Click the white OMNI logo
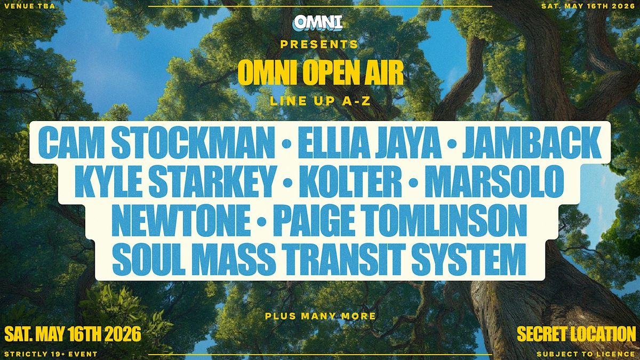coord(318,22)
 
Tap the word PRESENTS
coord(319,44)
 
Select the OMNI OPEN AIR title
coord(321,73)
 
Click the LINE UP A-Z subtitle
coord(320,101)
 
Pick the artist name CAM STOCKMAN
coord(156,142)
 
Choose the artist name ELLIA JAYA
coord(370,142)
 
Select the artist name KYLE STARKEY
coord(175,181)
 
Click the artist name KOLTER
coord(350,181)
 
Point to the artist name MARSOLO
coord(494,181)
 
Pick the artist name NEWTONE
coord(181,221)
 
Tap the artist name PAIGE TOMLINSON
coord(400,221)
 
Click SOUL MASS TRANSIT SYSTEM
coord(319,259)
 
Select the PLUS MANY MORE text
coord(321,316)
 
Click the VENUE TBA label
coord(30,6)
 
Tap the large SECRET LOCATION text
coord(577,334)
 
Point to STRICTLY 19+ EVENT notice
coord(51,354)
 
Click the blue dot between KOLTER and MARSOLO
coord(413,182)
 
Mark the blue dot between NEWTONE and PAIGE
coord(262,221)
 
